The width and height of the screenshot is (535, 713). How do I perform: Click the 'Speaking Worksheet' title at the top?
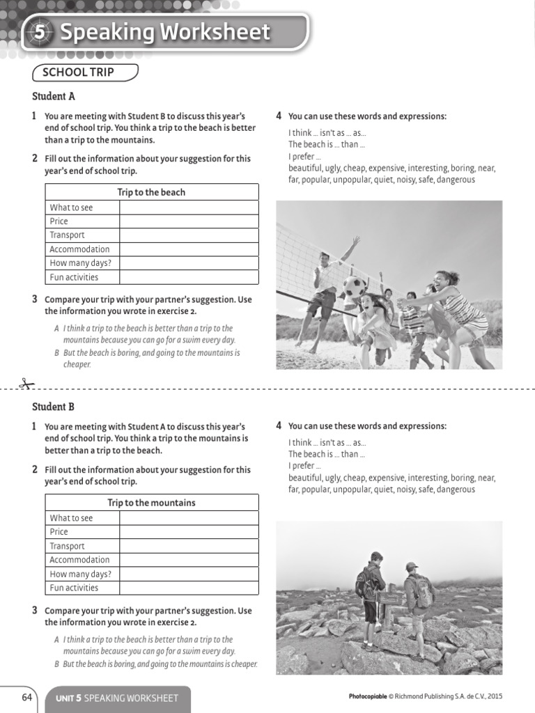coord(164,32)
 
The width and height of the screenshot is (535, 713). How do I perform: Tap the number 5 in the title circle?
coord(40,32)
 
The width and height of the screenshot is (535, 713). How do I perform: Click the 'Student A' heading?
coord(54,97)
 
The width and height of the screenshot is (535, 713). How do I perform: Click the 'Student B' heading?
coord(54,407)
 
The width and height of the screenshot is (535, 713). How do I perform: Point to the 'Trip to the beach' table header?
coord(151,192)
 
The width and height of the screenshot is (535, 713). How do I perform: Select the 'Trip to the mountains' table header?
coord(151,503)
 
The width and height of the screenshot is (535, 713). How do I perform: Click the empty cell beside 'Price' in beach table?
coord(188,221)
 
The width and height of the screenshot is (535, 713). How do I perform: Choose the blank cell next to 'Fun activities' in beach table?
coord(188,277)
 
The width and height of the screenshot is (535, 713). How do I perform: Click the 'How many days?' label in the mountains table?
coord(80,574)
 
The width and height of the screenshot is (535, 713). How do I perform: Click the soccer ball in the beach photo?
coord(355,286)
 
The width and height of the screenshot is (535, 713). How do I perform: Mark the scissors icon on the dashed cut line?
coord(26,384)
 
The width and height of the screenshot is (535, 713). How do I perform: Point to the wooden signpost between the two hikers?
coord(391,597)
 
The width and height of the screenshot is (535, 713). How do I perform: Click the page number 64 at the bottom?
coord(27,698)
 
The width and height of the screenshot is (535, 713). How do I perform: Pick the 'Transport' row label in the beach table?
coord(68,235)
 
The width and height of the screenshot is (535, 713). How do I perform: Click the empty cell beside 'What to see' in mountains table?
coord(188,518)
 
